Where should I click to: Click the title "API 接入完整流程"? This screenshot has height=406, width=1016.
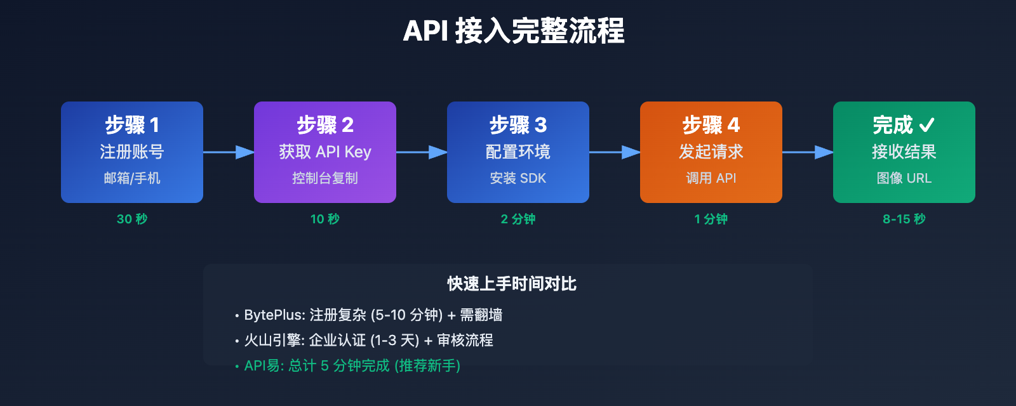[513, 31]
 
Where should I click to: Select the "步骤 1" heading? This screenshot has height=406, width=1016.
[132, 125]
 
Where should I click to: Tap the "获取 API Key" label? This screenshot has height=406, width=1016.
[324, 152]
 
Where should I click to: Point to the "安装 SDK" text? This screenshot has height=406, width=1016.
[518, 178]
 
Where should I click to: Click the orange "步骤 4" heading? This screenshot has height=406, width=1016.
[711, 125]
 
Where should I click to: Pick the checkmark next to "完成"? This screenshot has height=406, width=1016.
[926, 125]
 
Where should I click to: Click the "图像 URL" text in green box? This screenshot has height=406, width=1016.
[904, 178]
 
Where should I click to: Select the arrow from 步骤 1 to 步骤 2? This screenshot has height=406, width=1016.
[229, 152]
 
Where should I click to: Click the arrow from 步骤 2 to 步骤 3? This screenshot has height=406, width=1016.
[422, 152]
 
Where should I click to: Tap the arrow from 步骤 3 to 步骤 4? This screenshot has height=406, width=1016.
[615, 152]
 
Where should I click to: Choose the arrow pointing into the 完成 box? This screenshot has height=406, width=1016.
[808, 152]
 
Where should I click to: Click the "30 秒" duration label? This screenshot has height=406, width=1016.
[132, 219]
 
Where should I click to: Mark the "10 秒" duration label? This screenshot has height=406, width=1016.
[324, 219]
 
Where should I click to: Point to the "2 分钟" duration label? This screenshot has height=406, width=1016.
[518, 219]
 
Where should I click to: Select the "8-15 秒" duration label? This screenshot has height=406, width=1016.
[904, 219]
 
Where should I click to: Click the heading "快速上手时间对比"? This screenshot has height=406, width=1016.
[512, 284]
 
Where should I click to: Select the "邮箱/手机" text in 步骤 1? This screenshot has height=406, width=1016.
[132, 178]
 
